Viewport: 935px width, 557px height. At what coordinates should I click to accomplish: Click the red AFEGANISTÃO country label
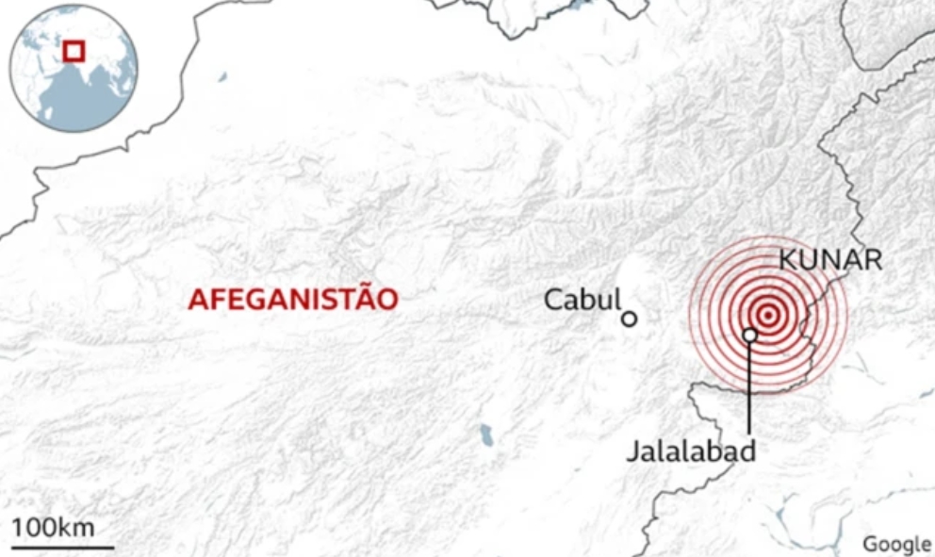(292, 300)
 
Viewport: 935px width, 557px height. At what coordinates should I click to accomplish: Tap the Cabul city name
(582, 300)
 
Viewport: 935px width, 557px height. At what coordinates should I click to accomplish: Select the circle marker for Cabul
(630, 319)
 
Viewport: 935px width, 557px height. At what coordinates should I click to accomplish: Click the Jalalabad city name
(691, 451)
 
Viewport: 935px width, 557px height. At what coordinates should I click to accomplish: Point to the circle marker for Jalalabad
(749, 335)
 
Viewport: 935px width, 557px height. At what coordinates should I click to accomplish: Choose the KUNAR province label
(830, 260)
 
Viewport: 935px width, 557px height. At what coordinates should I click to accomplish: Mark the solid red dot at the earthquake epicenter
(768, 315)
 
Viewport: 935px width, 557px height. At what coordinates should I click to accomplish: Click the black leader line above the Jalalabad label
(749, 386)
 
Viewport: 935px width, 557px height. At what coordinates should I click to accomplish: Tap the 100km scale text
(54, 527)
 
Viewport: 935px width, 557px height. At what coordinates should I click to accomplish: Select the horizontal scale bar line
(63, 546)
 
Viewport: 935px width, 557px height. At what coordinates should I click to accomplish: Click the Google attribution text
(896, 544)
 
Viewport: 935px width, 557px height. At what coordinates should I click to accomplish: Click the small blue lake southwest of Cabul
(485, 434)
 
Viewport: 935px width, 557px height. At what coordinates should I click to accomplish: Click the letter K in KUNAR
(787, 260)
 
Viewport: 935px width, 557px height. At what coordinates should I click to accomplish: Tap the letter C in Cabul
(553, 300)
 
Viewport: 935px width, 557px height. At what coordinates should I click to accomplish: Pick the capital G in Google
(870, 544)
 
